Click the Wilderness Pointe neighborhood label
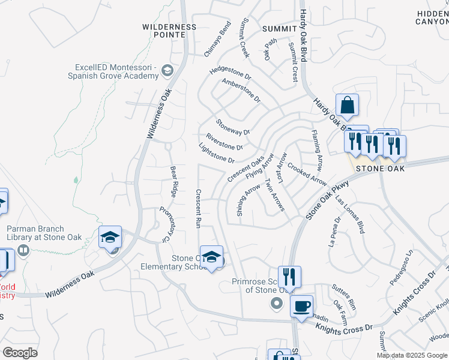point(169,31)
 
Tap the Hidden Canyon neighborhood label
point(432,17)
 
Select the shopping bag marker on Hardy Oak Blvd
point(347,106)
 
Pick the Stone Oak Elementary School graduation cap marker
point(211,257)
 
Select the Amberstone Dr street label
point(241,89)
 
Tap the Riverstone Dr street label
point(224,142)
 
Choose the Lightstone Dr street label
point(216,153)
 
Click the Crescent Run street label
point(198,209)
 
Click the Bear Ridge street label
point(173,182)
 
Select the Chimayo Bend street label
point(217,39)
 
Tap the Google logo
point(20,353)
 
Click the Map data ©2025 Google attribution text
point(411,355)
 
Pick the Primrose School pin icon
point(277,304)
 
